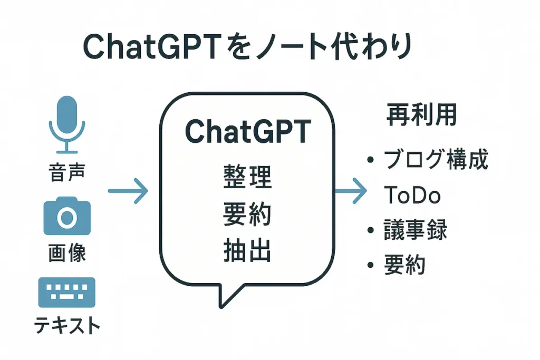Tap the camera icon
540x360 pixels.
click(x=66, y=216)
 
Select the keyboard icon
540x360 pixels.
click(x=66, y=293)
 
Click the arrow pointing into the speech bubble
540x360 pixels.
click(x=128, y=191)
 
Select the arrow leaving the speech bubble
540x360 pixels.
click(x=351, y=190)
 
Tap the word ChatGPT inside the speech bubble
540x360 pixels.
click(x=248, y=132)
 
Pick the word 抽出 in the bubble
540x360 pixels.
click(x=248, y=252)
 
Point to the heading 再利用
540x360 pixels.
click(x=421, y=114)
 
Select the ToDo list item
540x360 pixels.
click(x=412, y=196)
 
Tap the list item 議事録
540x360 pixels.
click(x=416, y=230)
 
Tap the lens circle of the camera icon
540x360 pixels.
click(x=66, y=218)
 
